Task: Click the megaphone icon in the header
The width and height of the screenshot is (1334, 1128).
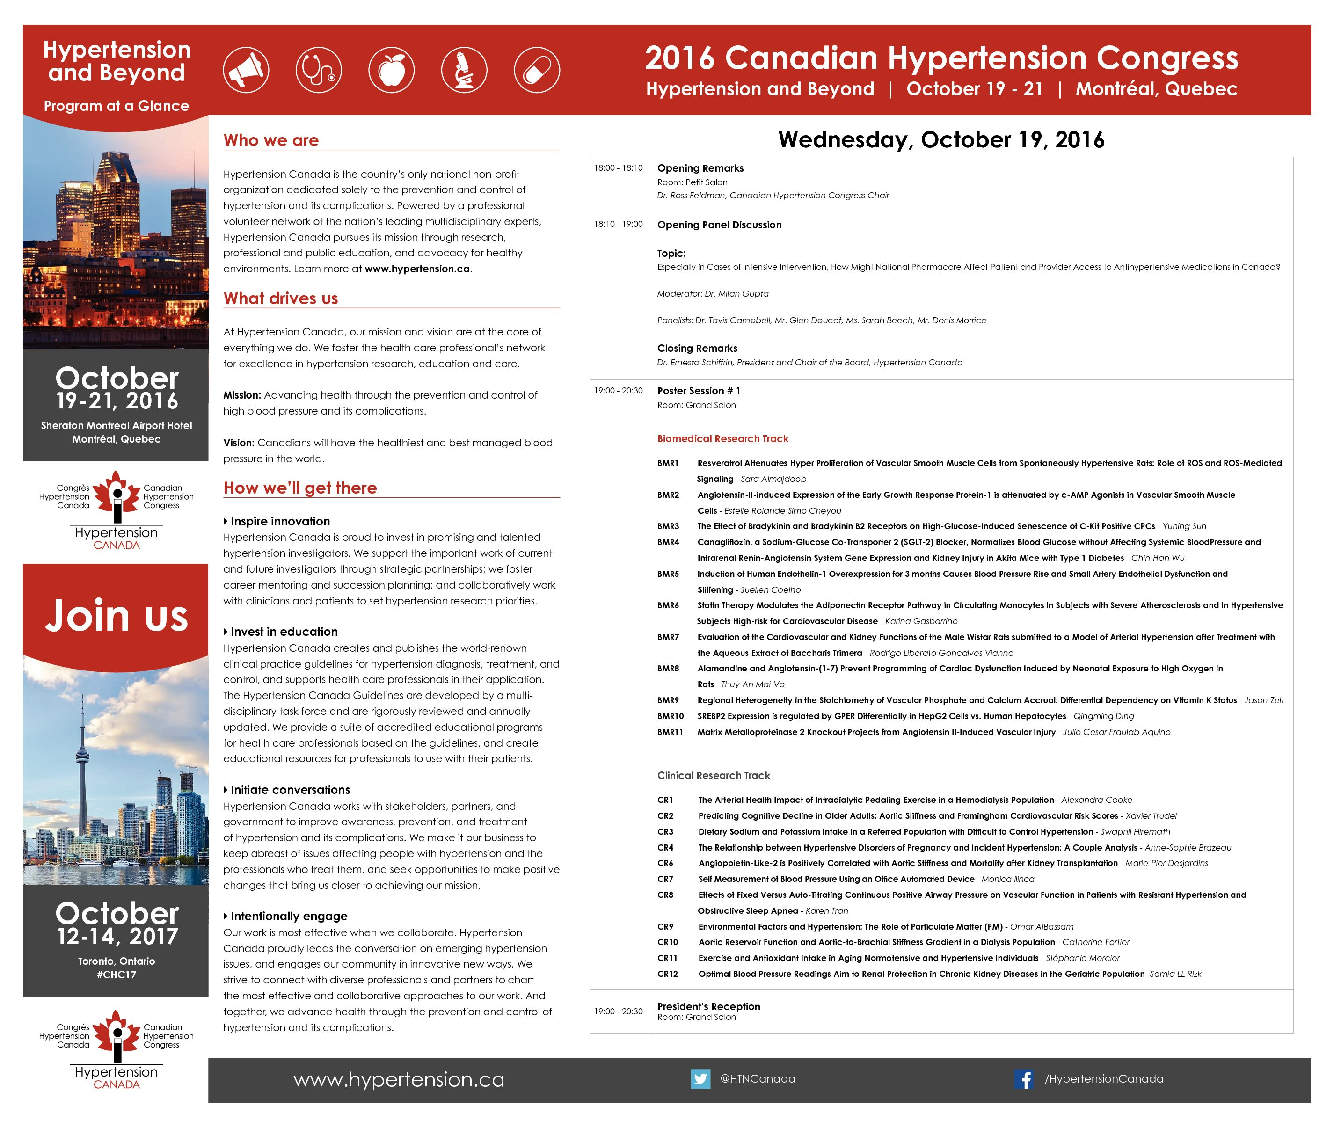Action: [x=246, y=70]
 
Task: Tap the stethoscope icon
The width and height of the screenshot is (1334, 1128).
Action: [x=319, y=70]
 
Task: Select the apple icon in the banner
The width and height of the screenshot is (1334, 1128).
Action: [x=391, y=70]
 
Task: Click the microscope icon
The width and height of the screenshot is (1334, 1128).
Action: [x=464, y=70]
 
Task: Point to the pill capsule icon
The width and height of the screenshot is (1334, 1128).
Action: [x=537, y=70]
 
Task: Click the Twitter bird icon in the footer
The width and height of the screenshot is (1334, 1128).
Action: [x=700, y=1079]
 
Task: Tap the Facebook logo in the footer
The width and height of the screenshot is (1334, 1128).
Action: [x=1024, y=1079]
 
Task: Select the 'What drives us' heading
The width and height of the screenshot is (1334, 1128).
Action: [x=281, y=298]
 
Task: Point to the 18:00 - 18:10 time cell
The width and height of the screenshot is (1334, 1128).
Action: [x=619, y=168]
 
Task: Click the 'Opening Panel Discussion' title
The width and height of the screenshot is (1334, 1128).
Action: [x=720, y=225]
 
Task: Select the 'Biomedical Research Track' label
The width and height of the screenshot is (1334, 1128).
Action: [x=722, y=439]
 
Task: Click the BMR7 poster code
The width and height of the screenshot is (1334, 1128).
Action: [x=668, y=637]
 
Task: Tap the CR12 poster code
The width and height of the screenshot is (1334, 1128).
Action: [x=668, y=974]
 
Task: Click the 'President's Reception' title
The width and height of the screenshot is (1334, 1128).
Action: [x=708, y=1006]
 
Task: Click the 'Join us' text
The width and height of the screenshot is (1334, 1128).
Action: [x=117, y=616]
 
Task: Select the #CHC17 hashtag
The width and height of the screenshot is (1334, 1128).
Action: [x=117, y=975]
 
